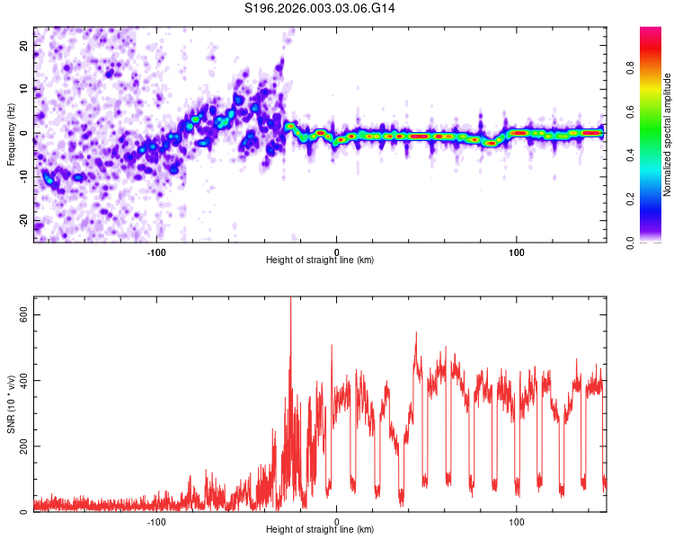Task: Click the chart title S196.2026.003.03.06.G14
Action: click(321, 8)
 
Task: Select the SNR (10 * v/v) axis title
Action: click(11, 403)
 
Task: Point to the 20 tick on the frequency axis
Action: click(26, 44)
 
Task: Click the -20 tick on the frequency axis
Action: click(26, 221)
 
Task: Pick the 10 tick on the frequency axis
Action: click(26, 88)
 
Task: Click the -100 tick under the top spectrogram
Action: click(156, 252)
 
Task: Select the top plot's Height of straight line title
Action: click(320, 261)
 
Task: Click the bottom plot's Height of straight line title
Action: click(320, 530)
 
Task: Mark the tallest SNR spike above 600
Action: click(290, 301)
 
